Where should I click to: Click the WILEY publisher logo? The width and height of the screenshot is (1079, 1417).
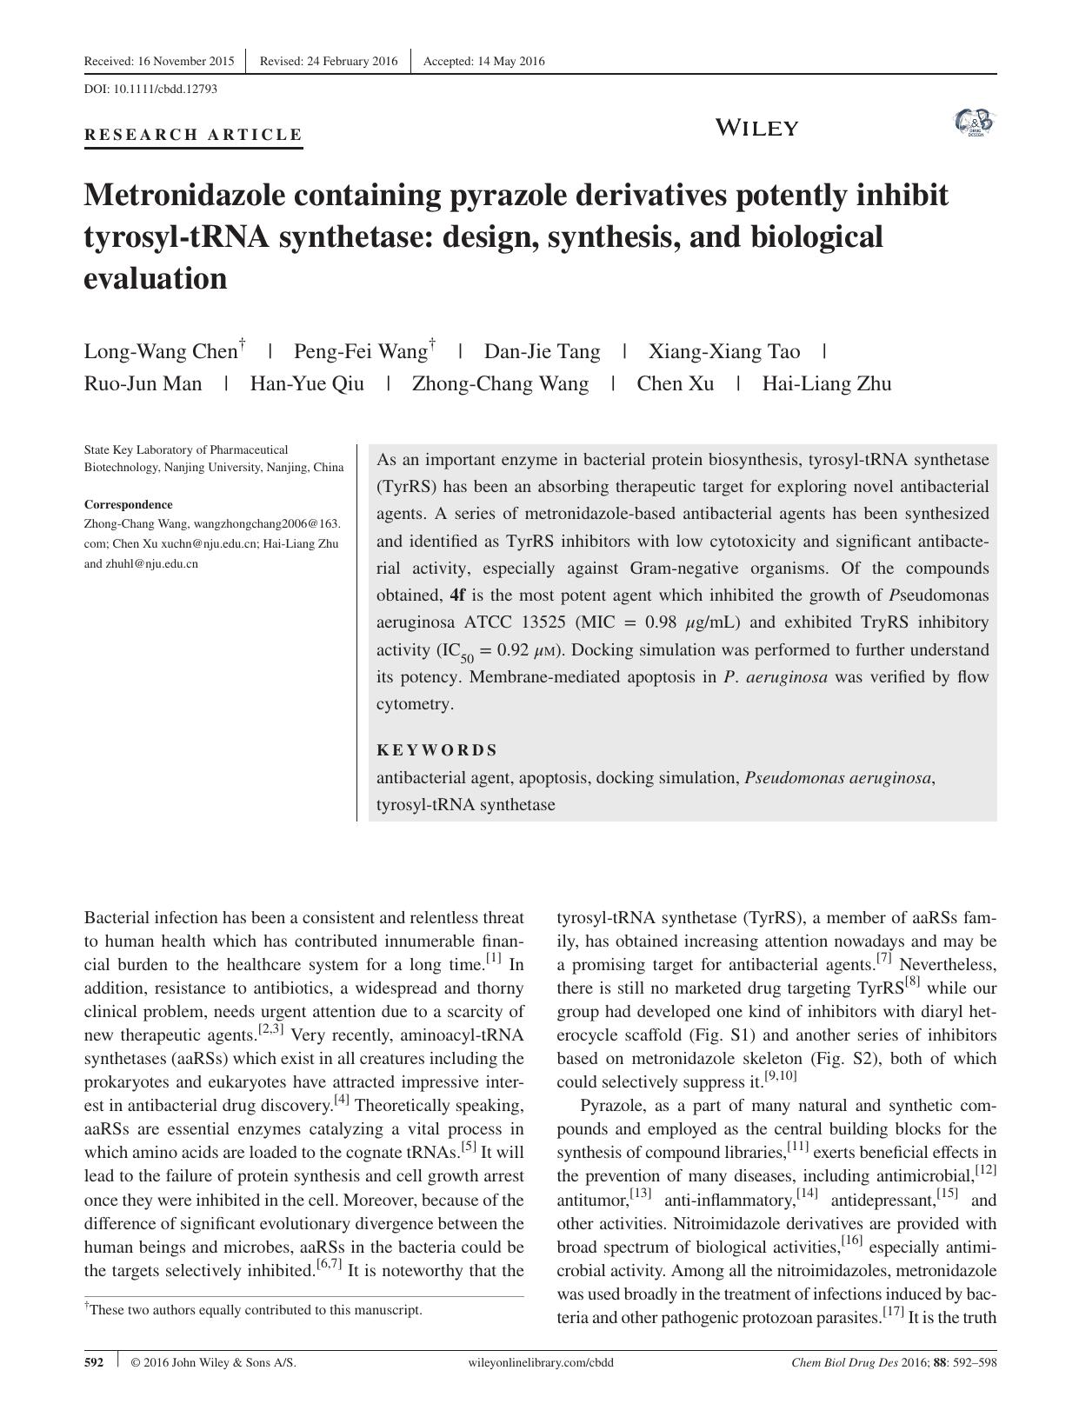[756, 129]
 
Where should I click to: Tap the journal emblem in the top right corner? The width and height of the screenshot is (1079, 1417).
[974, 123]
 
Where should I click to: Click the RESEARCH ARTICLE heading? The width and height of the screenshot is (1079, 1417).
[193, 135]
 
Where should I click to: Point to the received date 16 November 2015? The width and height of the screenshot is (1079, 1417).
[159, 61]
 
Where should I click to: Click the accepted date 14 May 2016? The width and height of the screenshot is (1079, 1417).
[484, 61]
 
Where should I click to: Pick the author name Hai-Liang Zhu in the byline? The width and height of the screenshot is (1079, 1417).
[826, 384]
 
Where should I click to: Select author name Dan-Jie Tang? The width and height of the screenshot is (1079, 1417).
[542, 352]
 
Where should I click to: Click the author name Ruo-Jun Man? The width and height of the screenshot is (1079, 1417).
[143, 384]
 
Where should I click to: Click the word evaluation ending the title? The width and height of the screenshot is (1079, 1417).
[155, 279]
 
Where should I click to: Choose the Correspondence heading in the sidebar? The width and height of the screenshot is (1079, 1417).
[128, 504]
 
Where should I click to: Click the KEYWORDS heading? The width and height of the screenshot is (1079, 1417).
[436, 750]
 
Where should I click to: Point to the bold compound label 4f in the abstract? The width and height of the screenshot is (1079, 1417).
[457, 595]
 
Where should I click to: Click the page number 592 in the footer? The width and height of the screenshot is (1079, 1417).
[94, 1363]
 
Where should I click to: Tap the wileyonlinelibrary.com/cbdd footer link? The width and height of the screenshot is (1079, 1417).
[540, 1363]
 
